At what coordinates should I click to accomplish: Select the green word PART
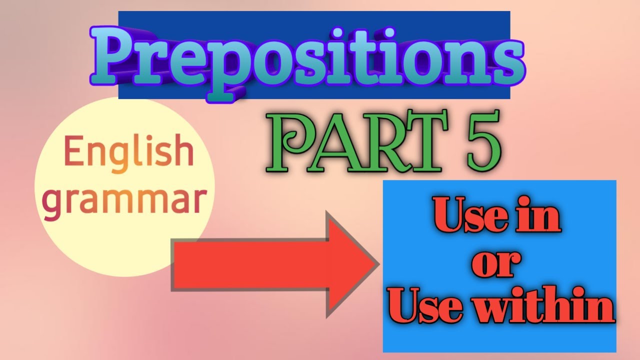(x=352, y=142)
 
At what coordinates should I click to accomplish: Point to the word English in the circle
(x=128, y=153)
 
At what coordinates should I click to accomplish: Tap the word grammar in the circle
(x=124, y=200)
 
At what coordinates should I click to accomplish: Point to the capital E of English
(x=71, y=152)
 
